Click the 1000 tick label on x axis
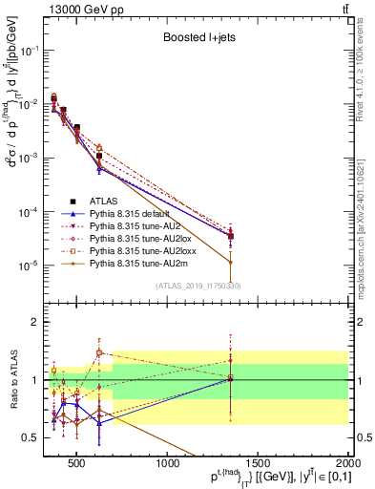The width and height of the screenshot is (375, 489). (168, 464)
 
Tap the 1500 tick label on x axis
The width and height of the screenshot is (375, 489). (259, 464)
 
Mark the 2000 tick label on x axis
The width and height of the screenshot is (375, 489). (348, 464)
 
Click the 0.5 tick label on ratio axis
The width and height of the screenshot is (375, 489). (30, 437)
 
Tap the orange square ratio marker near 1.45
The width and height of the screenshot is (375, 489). (99, 352)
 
